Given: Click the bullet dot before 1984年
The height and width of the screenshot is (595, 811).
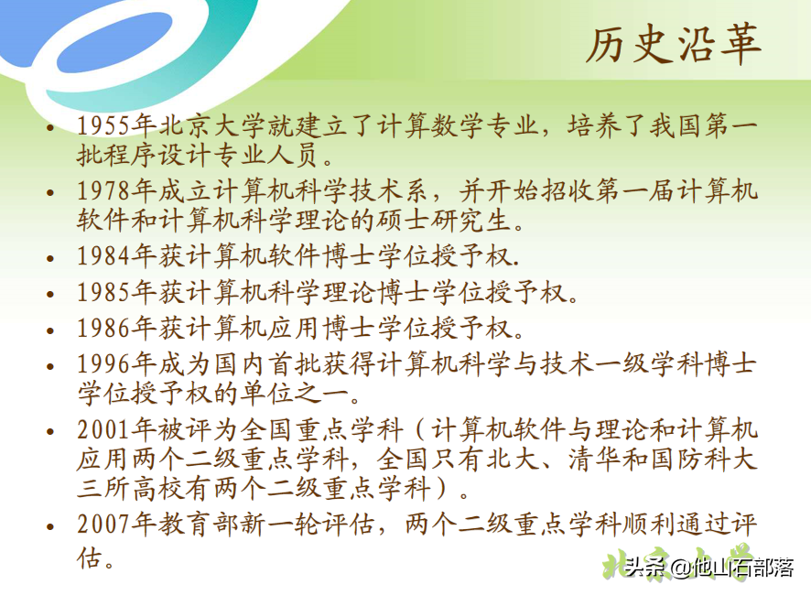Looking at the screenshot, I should click(x=51, y=256).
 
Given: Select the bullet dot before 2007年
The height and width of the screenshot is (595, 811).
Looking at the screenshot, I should click(x=51, y=528).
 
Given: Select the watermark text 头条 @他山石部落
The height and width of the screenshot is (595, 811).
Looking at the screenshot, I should click(x=710, y=568).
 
